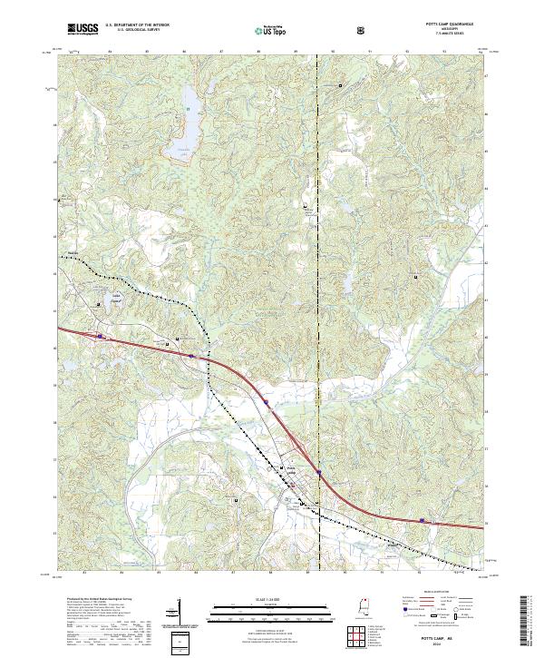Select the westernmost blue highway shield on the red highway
click(x=100, y=337)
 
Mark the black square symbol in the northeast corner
click(x=340, y=85)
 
